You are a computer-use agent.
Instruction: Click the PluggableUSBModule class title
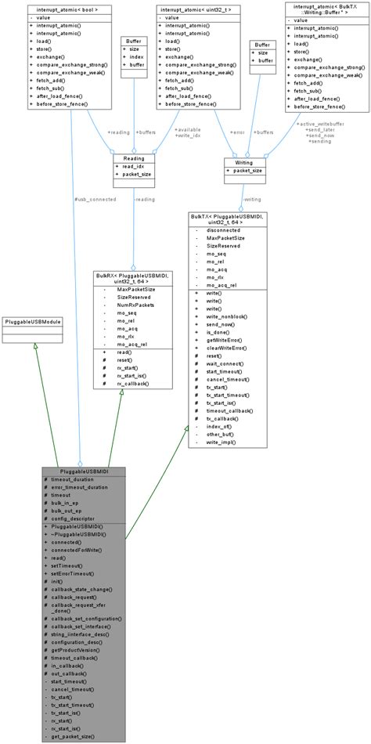coord(33,322)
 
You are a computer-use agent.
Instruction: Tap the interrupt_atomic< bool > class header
coord(72,9)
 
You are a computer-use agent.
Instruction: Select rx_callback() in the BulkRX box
coord(135,384)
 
